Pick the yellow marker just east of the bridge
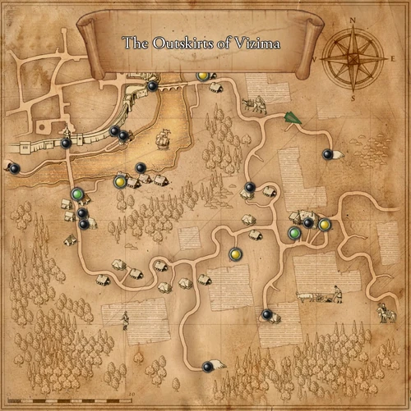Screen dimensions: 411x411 click(x=203, y=76)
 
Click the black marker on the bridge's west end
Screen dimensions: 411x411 click(x=152, y=85)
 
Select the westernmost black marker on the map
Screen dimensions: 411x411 click(x=14, y=168)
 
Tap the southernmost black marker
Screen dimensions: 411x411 click(x=207, y=367)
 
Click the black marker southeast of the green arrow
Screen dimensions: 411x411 click(x=327, y=153)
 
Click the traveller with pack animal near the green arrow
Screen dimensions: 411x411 click(x=255, y=104)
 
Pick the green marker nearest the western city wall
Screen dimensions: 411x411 click(x=77, y=194)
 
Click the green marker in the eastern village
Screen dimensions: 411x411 click(x=294, y=234)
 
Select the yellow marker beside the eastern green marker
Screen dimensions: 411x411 click(x=325, y=224)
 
